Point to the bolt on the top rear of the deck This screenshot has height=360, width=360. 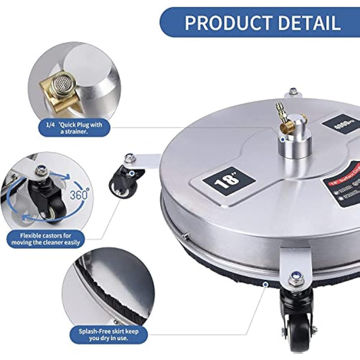click(293, 92)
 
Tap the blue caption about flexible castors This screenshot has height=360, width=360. click(46, 238)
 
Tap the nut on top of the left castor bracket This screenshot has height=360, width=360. click(129, 158)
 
